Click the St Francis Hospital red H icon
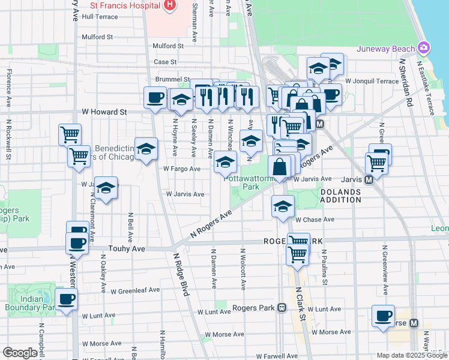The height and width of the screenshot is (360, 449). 170,5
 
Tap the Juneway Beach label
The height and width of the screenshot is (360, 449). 386,49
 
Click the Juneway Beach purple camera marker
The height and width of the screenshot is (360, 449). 424,47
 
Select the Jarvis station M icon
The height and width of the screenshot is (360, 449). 369,179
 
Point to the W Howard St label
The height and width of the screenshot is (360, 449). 104,112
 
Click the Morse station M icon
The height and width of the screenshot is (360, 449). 414,323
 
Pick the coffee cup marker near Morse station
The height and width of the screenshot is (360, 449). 383,316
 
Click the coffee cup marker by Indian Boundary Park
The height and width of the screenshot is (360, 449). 66,299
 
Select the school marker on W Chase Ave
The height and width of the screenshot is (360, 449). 282,206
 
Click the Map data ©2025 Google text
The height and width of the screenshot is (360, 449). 411,355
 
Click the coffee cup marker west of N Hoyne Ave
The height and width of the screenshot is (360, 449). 155,97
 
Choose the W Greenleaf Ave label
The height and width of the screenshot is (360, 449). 135,290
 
